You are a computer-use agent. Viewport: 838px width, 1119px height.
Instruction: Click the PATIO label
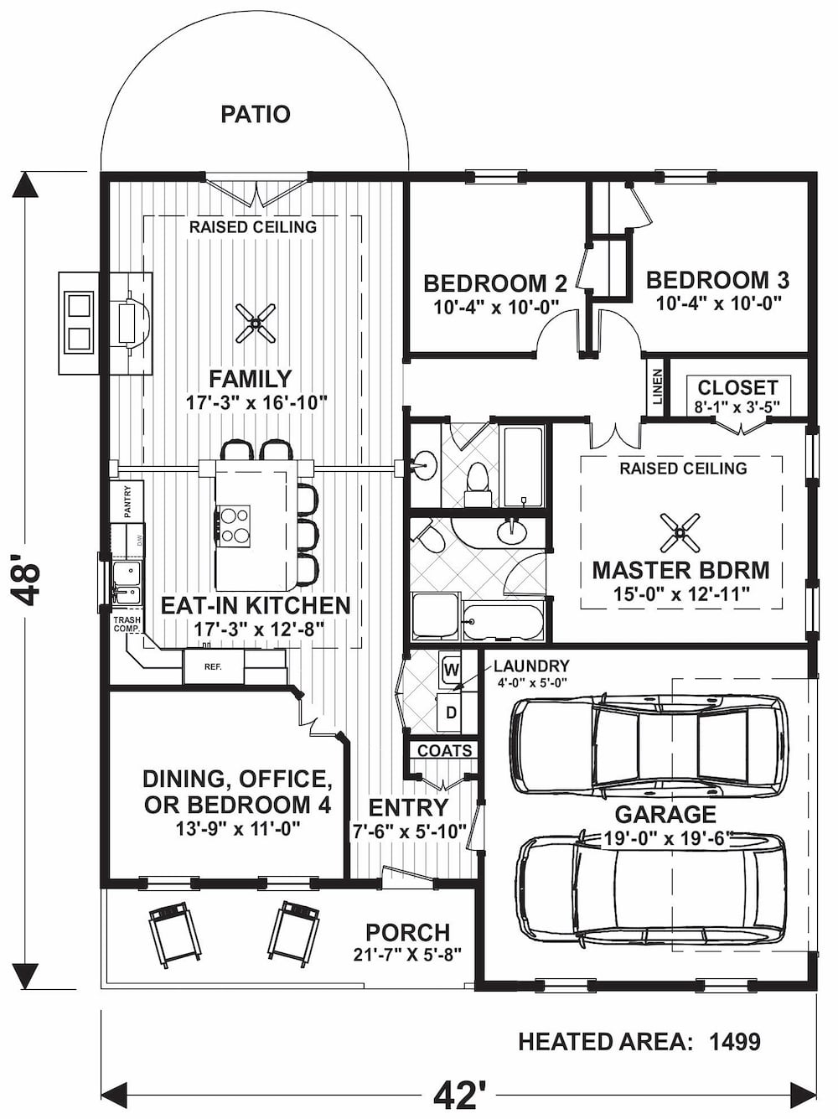coord(256,114)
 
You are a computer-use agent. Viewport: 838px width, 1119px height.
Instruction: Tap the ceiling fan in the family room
coord(256,323)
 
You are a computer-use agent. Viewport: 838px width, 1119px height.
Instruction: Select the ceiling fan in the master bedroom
coord(680,531)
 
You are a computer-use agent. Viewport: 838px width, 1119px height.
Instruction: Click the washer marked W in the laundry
coord(451,669)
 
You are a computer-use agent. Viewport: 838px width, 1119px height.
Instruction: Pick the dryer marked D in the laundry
coord(451,712)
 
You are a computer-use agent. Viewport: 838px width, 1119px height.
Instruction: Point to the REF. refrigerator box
coord(213,667)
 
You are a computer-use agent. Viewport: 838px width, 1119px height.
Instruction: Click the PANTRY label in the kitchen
coord(127,501)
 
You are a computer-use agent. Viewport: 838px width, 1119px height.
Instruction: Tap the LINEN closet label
coord(657,386)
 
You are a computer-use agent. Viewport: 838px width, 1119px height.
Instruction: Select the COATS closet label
coord(444,750)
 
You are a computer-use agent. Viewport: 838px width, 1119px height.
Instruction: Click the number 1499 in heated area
coord(735,1042)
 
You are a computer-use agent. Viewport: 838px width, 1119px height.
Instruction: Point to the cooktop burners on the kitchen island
coord(234,526)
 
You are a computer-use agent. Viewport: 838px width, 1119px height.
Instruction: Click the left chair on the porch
coord(174,932)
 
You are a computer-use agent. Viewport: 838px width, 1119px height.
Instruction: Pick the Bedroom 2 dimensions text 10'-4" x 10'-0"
coord(496,307)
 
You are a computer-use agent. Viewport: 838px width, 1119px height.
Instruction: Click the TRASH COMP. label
coord(127,624)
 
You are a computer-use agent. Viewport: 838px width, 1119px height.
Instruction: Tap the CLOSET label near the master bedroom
coord(737,387)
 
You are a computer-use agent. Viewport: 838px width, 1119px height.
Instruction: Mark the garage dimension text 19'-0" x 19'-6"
coord(668,837)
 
